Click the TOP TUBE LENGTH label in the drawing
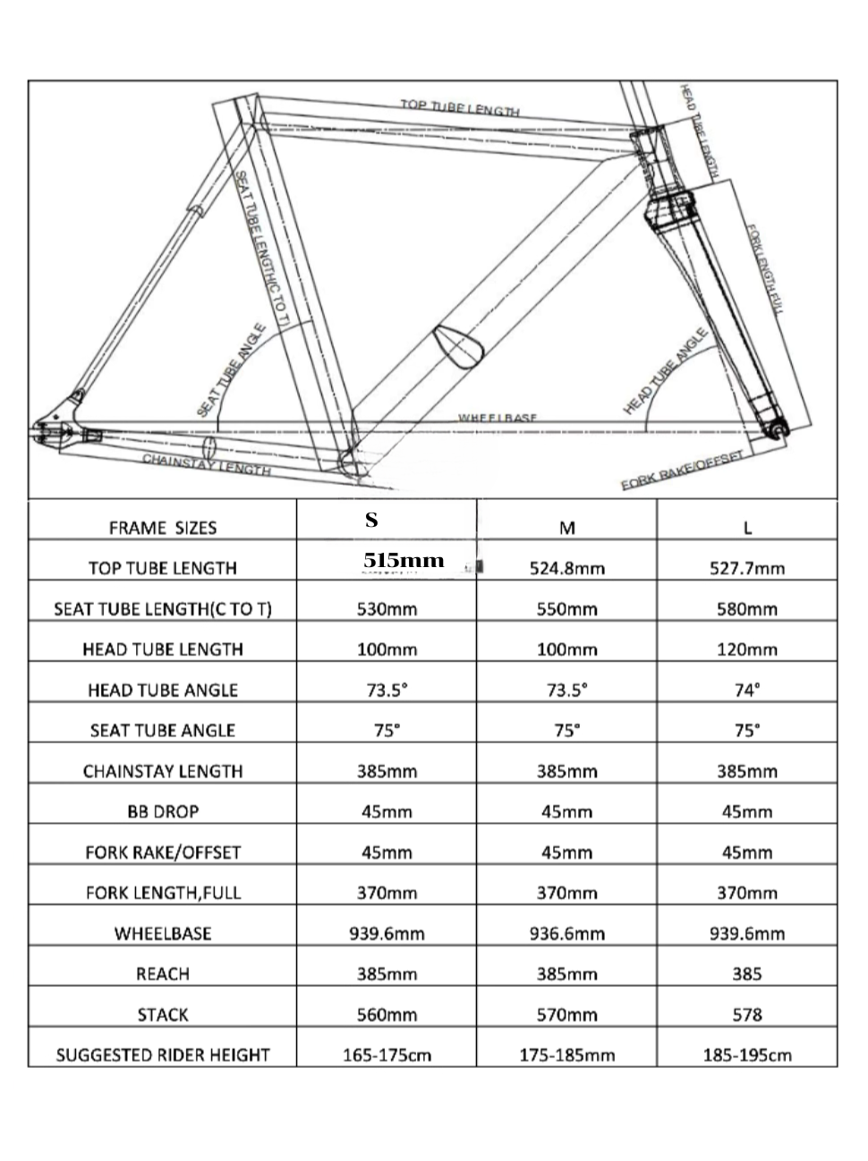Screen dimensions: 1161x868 coord(459,107)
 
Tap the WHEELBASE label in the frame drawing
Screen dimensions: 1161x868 coord(498,418)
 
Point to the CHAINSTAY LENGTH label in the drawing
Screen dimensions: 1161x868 coord(207,464)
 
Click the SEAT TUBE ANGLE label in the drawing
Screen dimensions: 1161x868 coord(233,369)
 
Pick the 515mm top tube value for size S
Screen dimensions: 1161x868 coord(404,560)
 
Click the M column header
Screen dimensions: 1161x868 coord(566,527)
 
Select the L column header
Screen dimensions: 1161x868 coord(747,527)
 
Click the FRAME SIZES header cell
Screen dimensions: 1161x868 coord(163,528)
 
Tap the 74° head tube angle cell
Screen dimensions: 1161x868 coord(747,690)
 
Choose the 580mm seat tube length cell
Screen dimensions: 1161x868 coord(747,609)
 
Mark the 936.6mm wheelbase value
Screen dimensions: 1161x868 coord(566,933)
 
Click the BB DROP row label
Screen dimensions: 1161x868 coord(163,811)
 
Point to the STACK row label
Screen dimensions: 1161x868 coord(163,1014)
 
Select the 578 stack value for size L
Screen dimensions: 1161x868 coord(747,1014)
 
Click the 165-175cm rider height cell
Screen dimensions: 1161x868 coord(387,1055)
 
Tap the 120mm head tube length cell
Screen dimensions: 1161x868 coord(747,649)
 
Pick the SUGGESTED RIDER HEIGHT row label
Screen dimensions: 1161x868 coord(163,1055)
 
